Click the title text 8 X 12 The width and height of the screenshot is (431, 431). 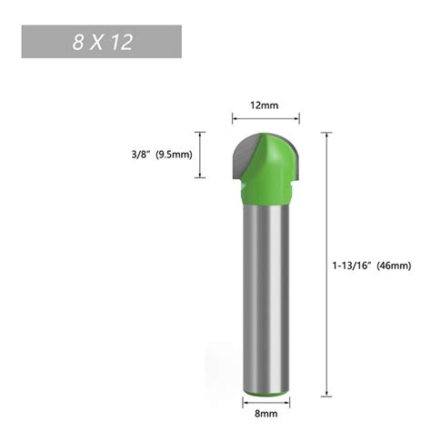102,42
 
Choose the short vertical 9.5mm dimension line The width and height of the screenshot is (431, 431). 210,154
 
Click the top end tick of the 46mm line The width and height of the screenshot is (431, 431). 324,133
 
